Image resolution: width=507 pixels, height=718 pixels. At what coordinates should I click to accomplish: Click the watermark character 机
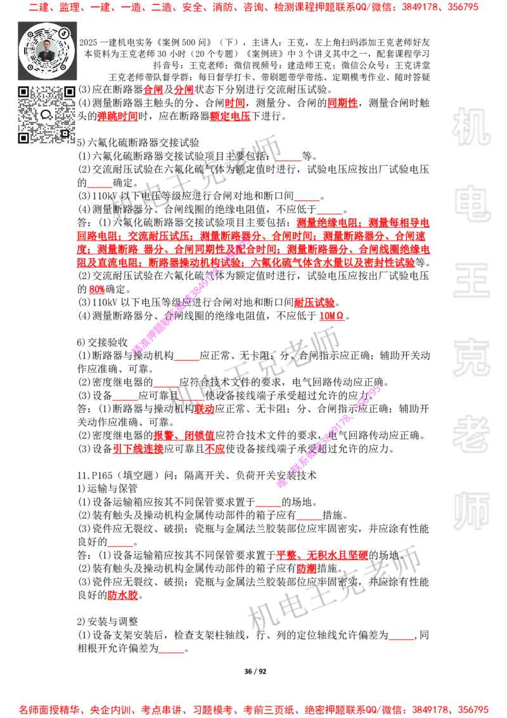[x=471, y=127]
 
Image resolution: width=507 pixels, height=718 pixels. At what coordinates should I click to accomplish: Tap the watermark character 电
[x=473, y=203]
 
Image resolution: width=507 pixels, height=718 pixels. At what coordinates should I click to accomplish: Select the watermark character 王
[x=471, y=281]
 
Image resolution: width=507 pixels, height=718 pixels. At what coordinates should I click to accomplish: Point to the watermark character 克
[x=471, y=358]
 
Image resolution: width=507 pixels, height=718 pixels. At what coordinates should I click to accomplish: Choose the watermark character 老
[x=471, y=434]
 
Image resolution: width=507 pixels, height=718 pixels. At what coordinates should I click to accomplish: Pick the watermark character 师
[x=471, y=512]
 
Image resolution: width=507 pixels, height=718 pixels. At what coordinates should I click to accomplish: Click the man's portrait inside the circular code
[x=47, y=50]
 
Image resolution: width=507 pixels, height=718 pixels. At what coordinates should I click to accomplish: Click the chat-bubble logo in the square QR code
[x=46, y=115]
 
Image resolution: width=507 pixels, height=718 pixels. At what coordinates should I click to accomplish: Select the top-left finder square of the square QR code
[x=24, y=92]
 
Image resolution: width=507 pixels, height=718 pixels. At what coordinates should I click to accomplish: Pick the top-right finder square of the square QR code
[x=69, y=92]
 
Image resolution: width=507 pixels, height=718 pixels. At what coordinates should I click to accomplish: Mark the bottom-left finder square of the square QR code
[x=24, y=137]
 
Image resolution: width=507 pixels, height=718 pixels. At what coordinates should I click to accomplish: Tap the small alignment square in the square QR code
[x=64, y=133]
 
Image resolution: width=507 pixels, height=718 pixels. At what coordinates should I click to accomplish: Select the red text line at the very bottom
[x=253, y=709]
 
